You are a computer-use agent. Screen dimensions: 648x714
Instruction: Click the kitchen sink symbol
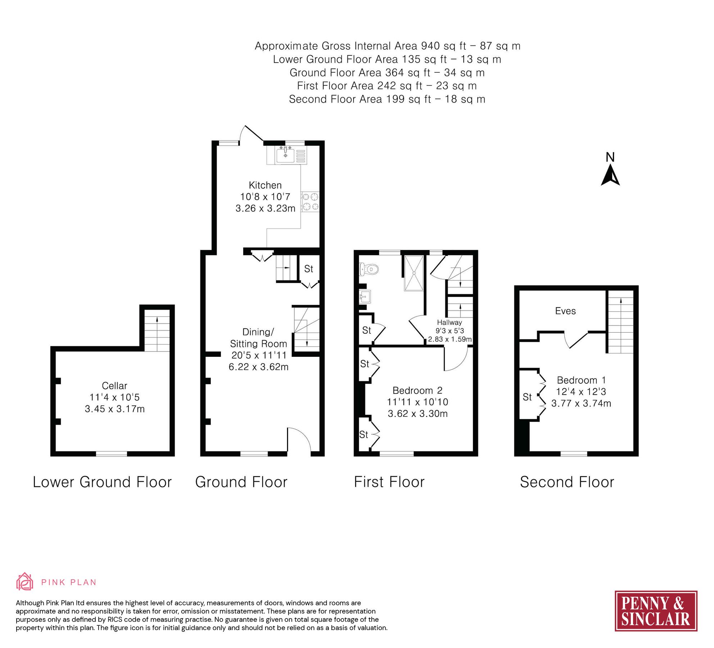(286, 156)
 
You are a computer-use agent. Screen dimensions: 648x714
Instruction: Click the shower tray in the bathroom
(414, 273)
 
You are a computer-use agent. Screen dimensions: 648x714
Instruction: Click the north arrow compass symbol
(610, 175)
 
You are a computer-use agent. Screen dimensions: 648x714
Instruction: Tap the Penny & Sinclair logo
(656, 611)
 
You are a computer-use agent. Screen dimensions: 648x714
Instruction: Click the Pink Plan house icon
(24, 581)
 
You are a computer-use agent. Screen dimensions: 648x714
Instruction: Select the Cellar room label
(114, 386)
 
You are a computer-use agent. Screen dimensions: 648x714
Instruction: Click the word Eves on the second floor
(565, 311)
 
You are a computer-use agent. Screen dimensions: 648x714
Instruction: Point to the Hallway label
(449, 323)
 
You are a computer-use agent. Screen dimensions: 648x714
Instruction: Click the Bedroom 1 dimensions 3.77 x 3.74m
(581, 403)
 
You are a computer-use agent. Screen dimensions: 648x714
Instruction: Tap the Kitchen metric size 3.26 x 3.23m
(265, 208)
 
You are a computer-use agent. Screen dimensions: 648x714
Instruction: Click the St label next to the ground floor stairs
(309, 269)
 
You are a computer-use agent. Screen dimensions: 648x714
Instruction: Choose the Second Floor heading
(567, 482)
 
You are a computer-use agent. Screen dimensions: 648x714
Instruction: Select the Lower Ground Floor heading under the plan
(102, 482)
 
